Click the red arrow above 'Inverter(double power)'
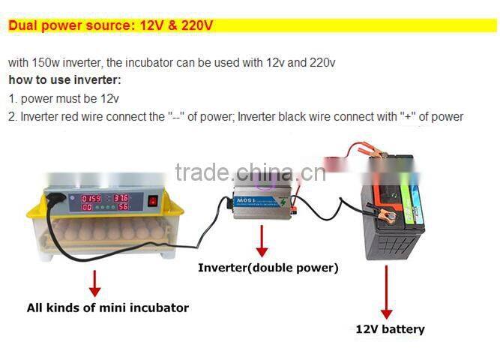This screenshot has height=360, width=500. [262, 240]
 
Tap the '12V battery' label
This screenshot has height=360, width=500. [390, 329]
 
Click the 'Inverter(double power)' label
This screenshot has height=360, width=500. [268, 268]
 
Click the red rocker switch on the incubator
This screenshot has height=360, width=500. [153, 200]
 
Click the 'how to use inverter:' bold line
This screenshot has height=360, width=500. [64, 79]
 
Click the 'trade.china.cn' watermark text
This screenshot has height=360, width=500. [250, 172]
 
